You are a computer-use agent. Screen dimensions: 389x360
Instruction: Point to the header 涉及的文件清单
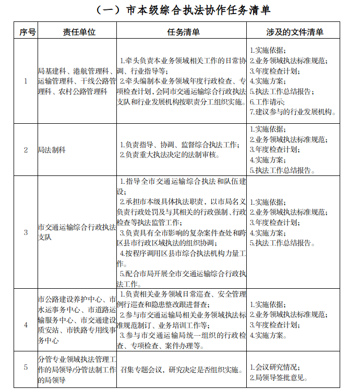click(x=294, y=32)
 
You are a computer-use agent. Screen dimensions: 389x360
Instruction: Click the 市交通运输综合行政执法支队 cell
click(x=77, y=232)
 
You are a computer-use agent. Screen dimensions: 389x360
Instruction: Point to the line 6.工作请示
click(x=271, y=101)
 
